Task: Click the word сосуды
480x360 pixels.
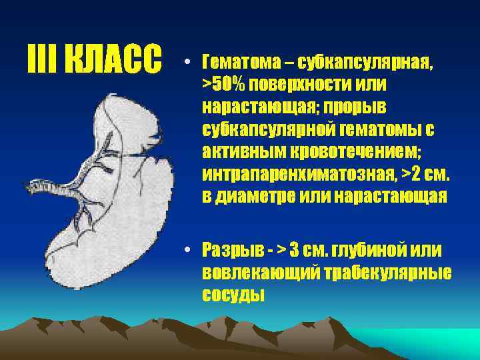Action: pos(233,293)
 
